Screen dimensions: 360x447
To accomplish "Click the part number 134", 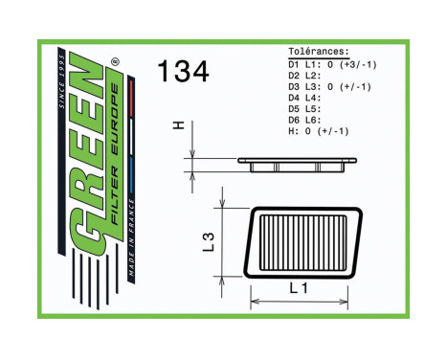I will click(x=182, y=71).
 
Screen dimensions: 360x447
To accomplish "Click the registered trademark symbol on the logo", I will click(x=115, y=63).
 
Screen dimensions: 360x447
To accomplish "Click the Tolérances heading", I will click(x=319, y=52).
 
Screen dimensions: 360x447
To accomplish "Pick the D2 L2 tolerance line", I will click(x=304, y=75).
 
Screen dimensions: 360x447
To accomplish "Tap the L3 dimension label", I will click(x=209, y=242).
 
